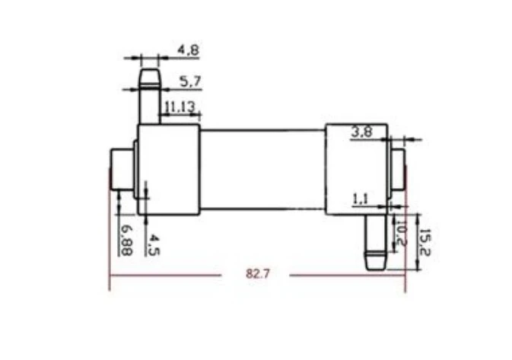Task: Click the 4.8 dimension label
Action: tap(188, 50)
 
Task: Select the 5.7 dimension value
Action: tap(191, 81)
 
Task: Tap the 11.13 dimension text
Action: tap(180, 107)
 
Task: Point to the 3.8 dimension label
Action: tap(362, 132)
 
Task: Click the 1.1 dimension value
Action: tap(361, 199)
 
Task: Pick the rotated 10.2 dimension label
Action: tap(401, 233)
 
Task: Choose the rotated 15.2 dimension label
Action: tap(425, 242)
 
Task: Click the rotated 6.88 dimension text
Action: tap(126, 240)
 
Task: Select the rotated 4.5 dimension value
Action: tap(153, 245)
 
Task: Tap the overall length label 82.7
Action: tap(258, 273)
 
